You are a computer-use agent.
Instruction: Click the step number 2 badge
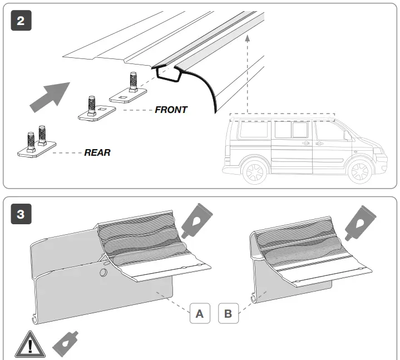pos(21,21)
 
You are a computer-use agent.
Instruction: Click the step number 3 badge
pos(21,214)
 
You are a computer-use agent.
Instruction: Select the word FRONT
pos(171,110)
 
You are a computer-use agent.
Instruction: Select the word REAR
pos(97,152)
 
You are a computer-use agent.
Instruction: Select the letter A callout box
pos(200,314)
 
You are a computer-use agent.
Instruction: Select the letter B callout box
pos(228,314)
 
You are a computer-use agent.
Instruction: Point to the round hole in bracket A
pos(103,272)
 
